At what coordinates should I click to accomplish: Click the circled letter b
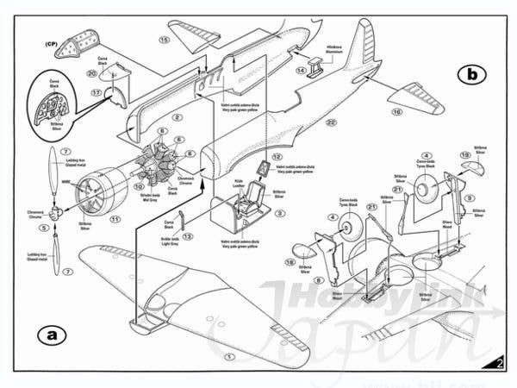tap(471, 74)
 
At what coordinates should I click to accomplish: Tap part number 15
tap(164, 40)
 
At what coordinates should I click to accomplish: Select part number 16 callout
tap(397, 112)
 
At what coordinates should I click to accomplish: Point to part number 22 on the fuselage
tap(331, 122)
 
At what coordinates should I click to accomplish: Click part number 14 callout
tap(302, 71)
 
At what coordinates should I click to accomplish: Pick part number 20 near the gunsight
tap(92, 73)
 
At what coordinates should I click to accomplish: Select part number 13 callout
tap(187, 235)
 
